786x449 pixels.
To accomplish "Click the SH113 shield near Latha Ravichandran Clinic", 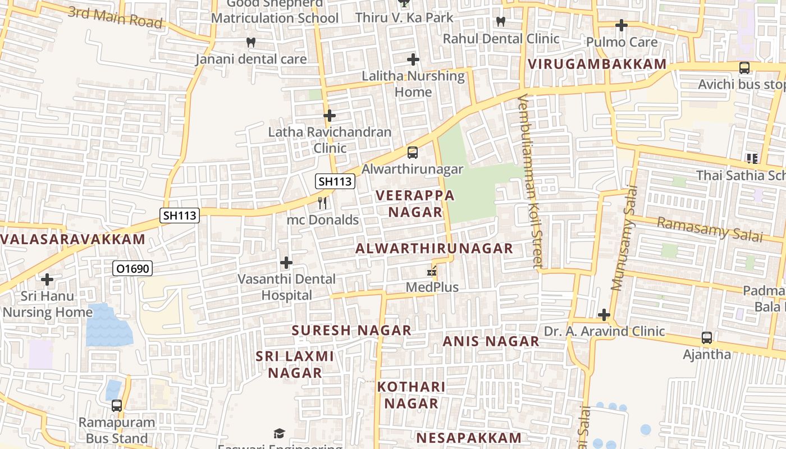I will pyautogui.click(x=335, y=181).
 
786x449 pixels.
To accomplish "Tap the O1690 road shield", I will pyautogui.click(x=133, y=269).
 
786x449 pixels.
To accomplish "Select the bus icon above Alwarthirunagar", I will pyautogui.click(x=412, y=152).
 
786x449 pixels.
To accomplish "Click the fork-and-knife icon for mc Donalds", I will pyautogui.click(x=322, y=203).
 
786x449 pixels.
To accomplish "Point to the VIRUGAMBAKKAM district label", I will pyautogui.click(x=597, y=64).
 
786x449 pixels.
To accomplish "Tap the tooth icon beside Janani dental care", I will pyautogui.click(x=251, y=42).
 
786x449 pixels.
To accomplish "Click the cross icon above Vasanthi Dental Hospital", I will pyautogui.click(x=286, y=262).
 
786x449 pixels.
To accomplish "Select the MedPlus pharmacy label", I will pyautogui.click(x=432, y=287).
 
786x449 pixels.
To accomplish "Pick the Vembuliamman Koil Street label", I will pyautogui.click(x=531, y=180).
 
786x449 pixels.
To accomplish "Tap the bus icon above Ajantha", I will pyautogui.click(x=707, y=338).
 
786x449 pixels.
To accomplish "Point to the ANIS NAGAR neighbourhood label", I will pyautogui.click(x=491, y=341).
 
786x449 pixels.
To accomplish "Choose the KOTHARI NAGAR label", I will pyautogui.click(x=411, y=395).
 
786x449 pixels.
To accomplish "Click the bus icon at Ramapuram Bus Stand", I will pyautogui.click(x=117, y=405).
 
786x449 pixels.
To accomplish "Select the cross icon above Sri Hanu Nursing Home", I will pyautogui.click(x=47, y=278).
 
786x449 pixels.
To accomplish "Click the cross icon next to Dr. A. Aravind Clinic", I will pyautogui.click(x=604, y=315).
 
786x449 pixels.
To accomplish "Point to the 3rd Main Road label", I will pyautogui.click(x=115, y=17).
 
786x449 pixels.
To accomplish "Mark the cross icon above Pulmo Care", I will pyautogui.click(x=621, y=25).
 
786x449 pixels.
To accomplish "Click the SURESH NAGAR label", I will pyautogui.click(x=351, y=331).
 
